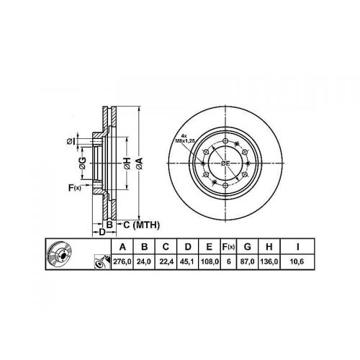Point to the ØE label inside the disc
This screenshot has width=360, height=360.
pyautogui.click(x=225, y=164)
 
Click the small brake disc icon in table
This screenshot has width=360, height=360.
pyautogui.click(x=60, y=256)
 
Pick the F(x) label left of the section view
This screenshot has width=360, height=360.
pyautogui.click(x=75, y=188)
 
